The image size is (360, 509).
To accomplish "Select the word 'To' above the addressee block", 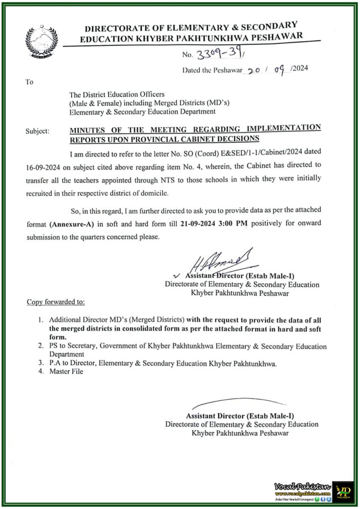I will [29, 82].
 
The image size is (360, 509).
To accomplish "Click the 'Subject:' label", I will [37, 131].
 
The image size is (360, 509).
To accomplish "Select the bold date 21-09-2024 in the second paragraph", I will [199, 225].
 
